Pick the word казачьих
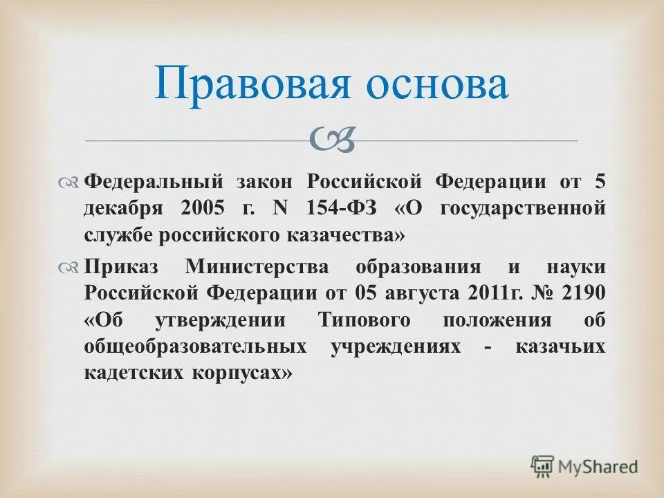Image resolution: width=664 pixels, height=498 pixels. tap(560, 347)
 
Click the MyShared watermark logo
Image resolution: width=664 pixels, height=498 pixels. tap(584, 466)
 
